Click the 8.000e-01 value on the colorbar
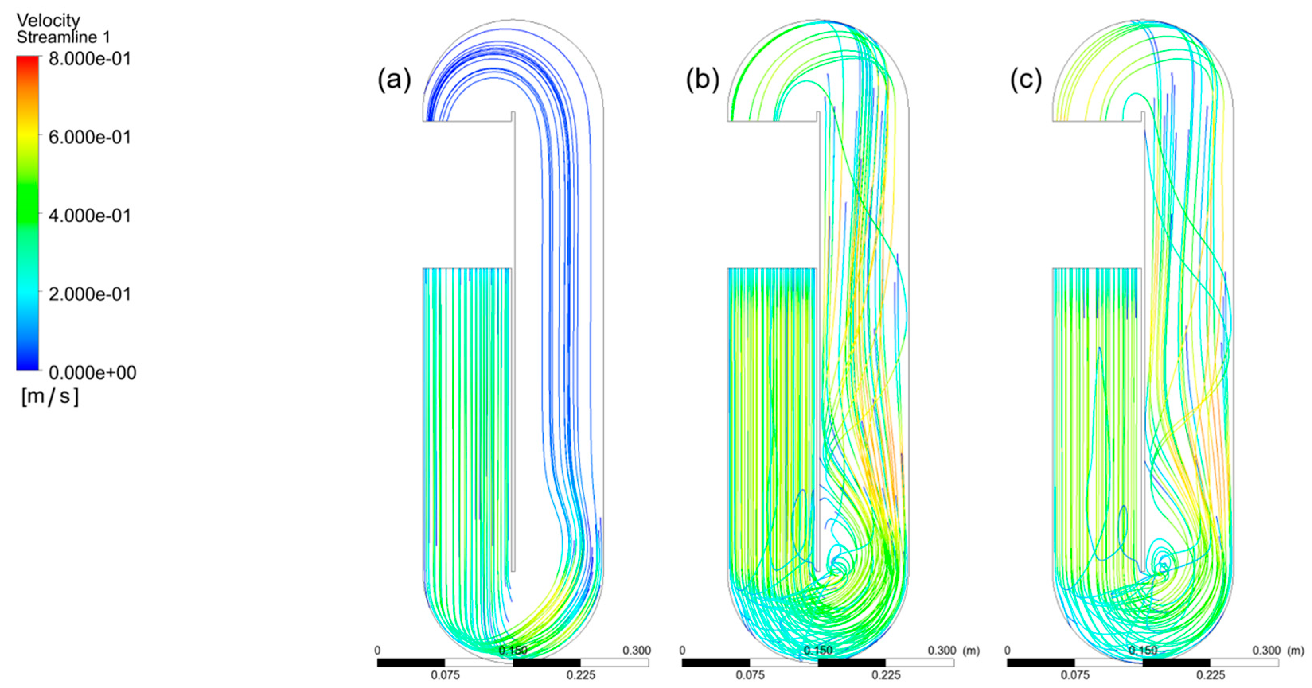click(90, 59)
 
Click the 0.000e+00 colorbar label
click(92, 373)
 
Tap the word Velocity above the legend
click(49, 20)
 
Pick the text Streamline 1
click(63, 37)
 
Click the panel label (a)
click(394, 80)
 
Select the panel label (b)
click(702, 80)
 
